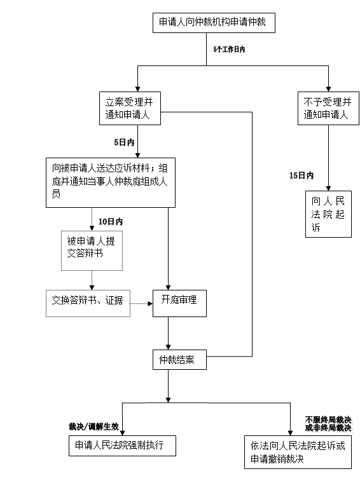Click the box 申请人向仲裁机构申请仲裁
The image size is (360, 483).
tap(214, 23)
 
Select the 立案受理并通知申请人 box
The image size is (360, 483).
tap(130, 108)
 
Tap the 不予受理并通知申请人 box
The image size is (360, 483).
tap(328, 108)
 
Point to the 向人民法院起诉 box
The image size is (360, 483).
tap(328, 214)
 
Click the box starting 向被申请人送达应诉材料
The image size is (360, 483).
tap(111, 182)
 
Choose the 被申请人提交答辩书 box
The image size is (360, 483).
tap(92, 251)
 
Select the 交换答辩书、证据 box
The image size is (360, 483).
tap(88, 303)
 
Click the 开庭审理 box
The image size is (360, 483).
tap(180, 303)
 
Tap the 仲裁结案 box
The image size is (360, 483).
tap(180, 360)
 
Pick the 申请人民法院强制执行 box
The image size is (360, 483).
tap(122, 446)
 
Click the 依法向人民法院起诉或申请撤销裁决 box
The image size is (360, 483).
tap(298, 452)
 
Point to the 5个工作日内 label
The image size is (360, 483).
tap(229, 50)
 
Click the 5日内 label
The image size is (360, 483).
tap(124, 142)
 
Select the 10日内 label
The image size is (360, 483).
tap(111, 221)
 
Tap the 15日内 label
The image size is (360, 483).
tap(301, 175)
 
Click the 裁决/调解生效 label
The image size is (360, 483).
tap(93, 426)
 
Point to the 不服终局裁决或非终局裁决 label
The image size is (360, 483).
tap(328, 424)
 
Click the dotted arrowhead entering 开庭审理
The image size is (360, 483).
tap(150, 304)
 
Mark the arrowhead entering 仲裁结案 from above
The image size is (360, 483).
tap(169, 347)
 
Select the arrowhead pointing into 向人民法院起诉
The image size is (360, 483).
tap(329, 189)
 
